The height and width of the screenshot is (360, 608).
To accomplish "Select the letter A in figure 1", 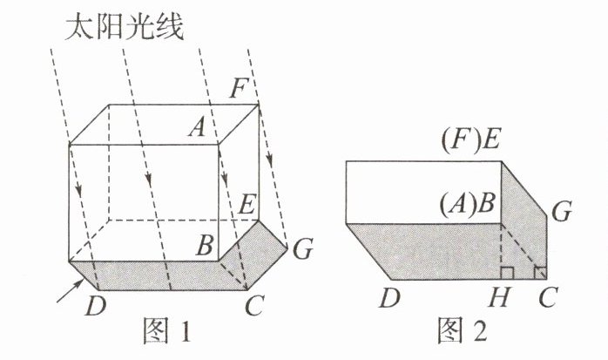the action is pyautogui.click(x=198, y=129).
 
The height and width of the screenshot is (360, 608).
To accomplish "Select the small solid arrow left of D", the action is pyautogui.click(x=65, y=298).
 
